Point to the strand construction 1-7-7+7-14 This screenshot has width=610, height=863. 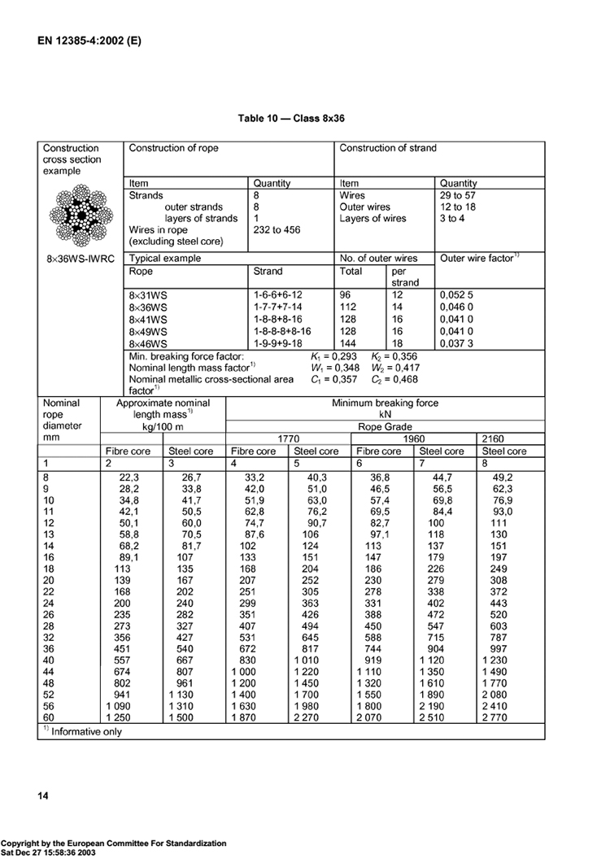point(281,306)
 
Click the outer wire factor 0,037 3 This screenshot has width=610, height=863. point(456,344)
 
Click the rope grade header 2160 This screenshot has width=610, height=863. point(493,438)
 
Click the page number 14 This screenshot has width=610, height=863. point(43,795)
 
